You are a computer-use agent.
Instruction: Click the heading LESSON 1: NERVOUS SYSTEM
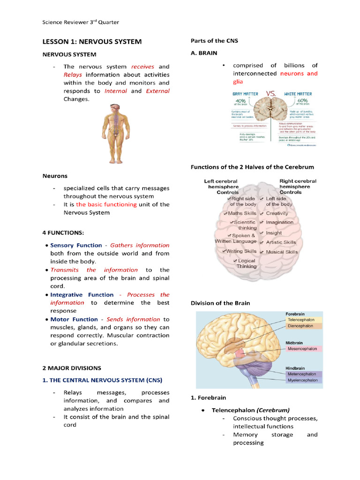click(x=92, y=42)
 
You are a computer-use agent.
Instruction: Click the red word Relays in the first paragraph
click(x=73, y=75)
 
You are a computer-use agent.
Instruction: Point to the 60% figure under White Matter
click(x=302, y=100)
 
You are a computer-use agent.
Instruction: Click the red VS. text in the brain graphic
click(x=271, y=94)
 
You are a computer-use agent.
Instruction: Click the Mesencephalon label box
click(x=301, y=349)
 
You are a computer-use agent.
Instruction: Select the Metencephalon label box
click(x=301, y=374)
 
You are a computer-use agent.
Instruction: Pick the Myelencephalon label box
click(x=302, y=380)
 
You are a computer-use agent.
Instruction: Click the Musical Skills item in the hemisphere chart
click(x=282, y=252)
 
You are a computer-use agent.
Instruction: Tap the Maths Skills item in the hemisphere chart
click(x=242, y=213)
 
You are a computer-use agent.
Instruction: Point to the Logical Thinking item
click(x=246, y=263)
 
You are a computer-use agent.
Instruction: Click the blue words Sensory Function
click(x=76, y=245)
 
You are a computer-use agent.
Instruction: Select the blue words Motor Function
click(x=74, y=319)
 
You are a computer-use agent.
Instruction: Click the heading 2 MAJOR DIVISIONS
click(x=72, y=368)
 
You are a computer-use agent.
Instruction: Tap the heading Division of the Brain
click(x=220, y=303)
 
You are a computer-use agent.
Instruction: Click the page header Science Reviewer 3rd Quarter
click(x=81, y=22)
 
